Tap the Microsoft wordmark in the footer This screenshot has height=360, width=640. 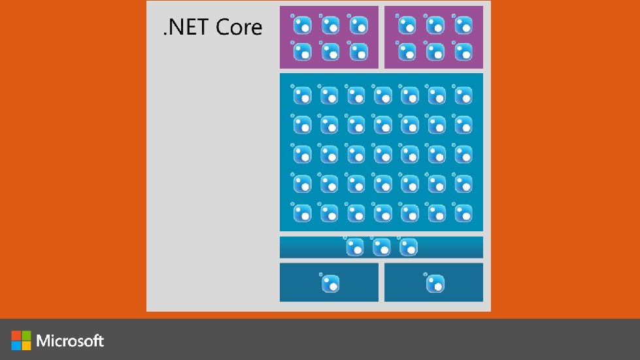point(71,340)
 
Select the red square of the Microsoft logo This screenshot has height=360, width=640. point(16,335)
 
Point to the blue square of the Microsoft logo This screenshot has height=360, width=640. point(16,345)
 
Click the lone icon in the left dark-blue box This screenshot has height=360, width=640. point(330,284)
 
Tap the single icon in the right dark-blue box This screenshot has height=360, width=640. point(435,284)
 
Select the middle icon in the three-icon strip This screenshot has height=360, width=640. point(382,247)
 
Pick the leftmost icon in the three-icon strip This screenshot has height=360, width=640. point(355,247)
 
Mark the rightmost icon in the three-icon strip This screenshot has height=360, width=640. point(409,247)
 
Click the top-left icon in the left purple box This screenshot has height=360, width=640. point(302,25)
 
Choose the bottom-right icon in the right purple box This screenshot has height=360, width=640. point(463,51)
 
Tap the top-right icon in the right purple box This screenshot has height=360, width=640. point(463,25)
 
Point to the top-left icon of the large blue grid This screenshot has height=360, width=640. point(302,96)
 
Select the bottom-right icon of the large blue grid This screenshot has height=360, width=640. point(463,212)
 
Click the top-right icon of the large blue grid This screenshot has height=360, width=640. point(463,96)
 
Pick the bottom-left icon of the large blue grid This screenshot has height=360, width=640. point(302,212)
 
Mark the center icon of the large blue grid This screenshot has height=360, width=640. point(382,154)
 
